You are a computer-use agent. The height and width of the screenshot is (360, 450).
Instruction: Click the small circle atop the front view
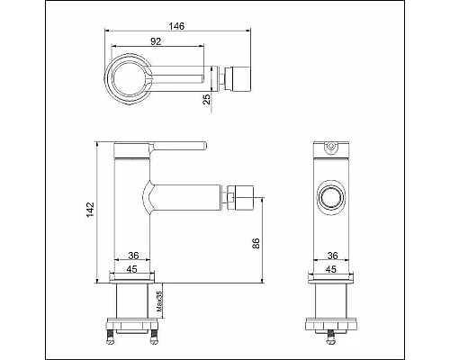[x=329, y=146]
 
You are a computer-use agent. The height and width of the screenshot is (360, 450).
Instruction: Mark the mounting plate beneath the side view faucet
[x=132, y=321]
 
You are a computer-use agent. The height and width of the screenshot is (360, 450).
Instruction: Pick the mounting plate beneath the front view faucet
[x=330, y=321]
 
